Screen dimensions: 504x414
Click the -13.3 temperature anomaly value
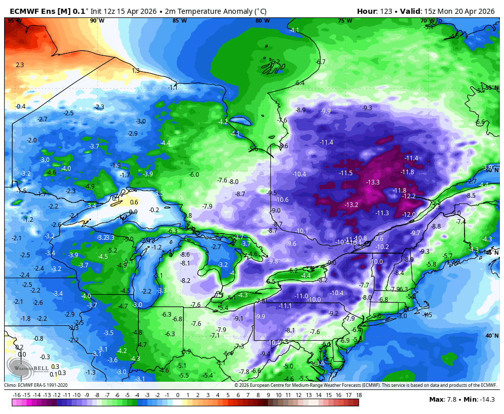click(x=373, y=182)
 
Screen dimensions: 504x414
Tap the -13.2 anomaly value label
click(x=351, y=204)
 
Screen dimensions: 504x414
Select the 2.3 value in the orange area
click(x=20, y=65)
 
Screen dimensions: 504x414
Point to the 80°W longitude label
click(x=263, y=20)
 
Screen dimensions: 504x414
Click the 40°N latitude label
click(x=491, y=336)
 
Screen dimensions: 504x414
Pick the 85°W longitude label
click(x=180, y=20)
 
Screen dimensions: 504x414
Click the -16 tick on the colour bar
click(x=16, y=395)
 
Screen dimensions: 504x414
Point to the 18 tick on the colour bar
click(x=359, y=395)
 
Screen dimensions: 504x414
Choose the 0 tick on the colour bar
click(x=177, y=395)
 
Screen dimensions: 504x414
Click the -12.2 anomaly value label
click(x=409, y=196)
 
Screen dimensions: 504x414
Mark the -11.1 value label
click(x=285, y=305)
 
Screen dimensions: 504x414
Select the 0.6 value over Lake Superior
click(x=134, y=202)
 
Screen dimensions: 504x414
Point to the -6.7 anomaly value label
click(x=321, y=61)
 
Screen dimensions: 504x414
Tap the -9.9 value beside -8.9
click(x=326, y=111)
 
